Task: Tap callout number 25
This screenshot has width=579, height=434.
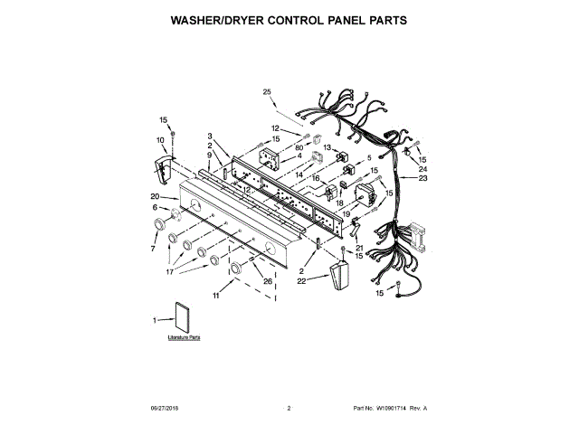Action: pos(267,91)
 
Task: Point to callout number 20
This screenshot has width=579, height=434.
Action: pos(155,196)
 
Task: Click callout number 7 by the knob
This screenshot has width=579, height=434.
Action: pos(153,248)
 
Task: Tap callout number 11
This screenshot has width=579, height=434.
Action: pos(217,296)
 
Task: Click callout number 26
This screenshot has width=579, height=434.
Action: pos(268,280)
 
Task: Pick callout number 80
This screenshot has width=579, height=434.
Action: pos(299,148)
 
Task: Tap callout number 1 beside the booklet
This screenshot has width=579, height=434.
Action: pos(155,319)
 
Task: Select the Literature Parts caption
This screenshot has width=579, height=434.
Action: pos(183,336)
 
